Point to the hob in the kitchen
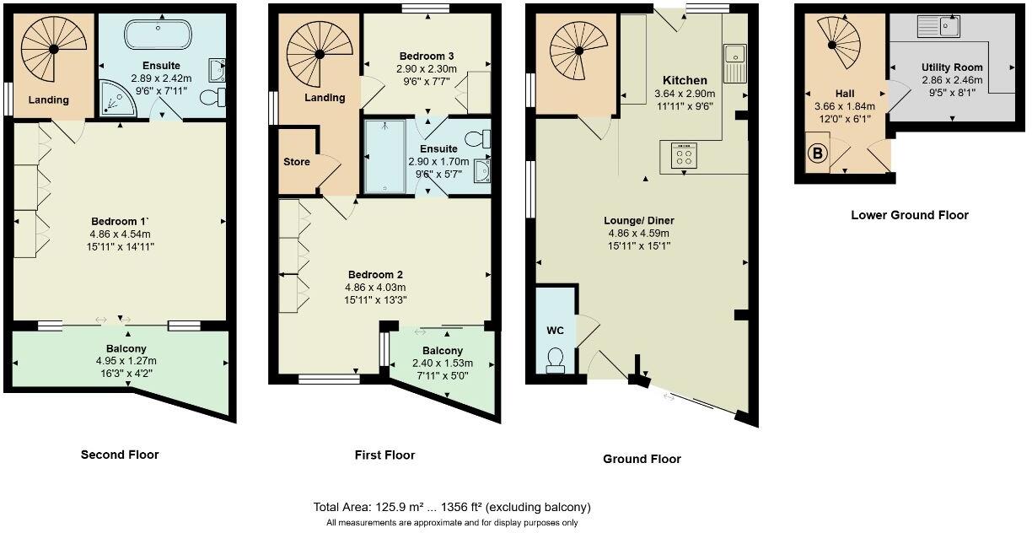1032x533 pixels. click(681, 155)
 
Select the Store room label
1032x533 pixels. click(296, 161)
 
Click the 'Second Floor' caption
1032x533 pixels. click(119, 455)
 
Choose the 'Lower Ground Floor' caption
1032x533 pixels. click(909, 215)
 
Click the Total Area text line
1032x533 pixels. click(451, 507)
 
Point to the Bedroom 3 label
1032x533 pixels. click(427, 56)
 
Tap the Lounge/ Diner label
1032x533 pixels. click(641, 221)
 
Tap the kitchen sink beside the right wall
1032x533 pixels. click(734, 61)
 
